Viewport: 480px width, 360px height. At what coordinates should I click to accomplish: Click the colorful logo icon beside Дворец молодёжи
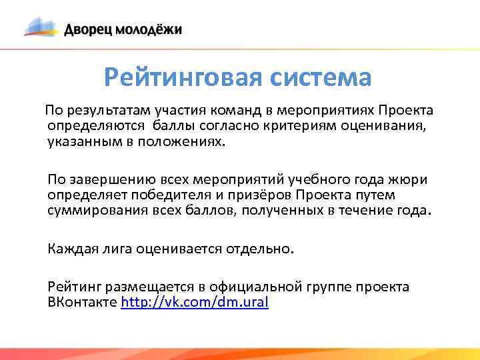41,27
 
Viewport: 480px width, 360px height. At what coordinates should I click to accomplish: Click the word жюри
411,180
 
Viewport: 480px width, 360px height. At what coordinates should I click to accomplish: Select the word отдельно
259,249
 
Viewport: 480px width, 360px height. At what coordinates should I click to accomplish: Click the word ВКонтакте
82,302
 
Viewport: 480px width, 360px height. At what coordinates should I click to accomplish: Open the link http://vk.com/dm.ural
194,302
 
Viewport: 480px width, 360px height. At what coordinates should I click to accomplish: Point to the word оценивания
392,125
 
